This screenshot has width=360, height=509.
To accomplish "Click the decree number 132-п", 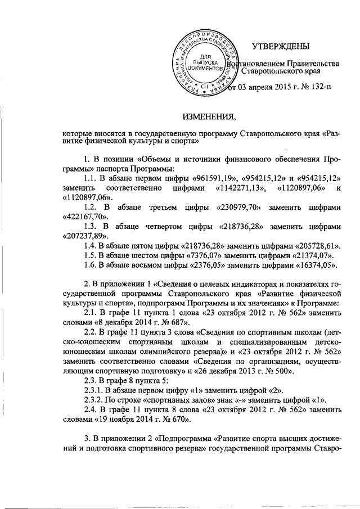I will tap(319, 87).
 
